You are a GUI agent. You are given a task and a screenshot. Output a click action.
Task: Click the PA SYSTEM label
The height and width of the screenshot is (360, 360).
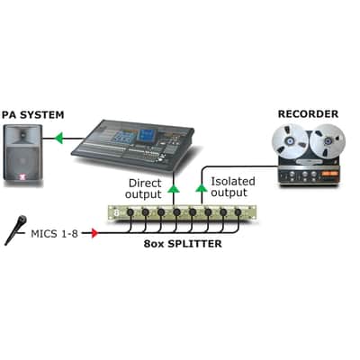33,114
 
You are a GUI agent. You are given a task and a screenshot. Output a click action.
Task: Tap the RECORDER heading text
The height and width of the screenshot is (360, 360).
308,114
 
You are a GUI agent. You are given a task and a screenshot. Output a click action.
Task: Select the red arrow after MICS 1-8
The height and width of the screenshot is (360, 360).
94,233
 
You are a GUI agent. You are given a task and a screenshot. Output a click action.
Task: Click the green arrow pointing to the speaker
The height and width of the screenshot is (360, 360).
59,139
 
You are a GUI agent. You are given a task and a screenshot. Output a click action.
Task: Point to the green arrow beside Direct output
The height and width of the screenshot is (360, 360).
173,189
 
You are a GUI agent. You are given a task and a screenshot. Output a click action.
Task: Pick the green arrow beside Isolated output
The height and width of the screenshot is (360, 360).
202,188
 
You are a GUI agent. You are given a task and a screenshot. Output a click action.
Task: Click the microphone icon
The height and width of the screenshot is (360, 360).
16,230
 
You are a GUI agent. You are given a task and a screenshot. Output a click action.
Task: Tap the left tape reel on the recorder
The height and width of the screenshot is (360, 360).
290,141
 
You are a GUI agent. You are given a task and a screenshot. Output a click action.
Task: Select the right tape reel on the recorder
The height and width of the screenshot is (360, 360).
328,141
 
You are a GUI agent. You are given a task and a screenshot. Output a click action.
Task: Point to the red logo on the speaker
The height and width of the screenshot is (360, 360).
22,177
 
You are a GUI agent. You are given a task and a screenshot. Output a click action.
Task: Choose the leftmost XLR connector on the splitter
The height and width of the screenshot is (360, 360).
130,212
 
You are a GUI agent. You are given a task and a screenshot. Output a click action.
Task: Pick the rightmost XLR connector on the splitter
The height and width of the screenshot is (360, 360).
238,212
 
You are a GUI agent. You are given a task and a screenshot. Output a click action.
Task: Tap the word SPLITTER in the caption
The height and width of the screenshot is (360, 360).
194,244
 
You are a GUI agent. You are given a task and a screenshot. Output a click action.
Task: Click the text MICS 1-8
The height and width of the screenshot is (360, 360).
54,233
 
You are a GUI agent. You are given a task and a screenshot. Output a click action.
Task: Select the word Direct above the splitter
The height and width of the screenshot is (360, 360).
145,183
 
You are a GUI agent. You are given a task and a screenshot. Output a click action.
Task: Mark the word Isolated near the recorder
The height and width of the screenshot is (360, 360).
233,182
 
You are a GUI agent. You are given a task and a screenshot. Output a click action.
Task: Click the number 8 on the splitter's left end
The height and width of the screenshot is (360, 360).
117,213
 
